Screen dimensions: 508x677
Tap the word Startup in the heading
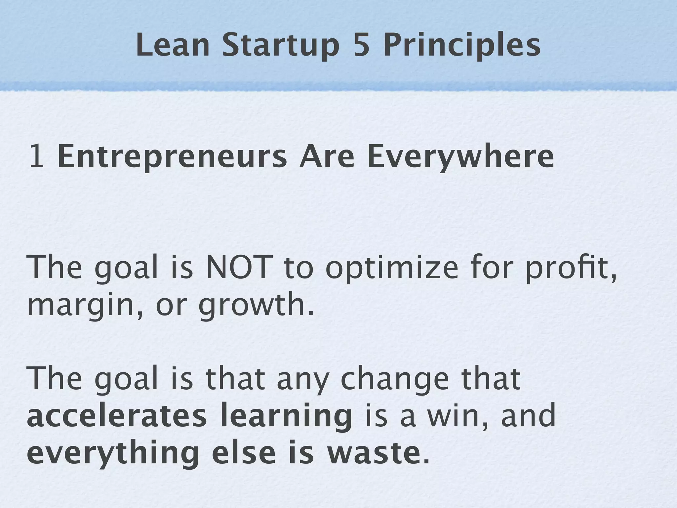[280, 46]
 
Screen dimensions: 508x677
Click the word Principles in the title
[462, 46]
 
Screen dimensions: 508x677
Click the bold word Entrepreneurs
[172, 157]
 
